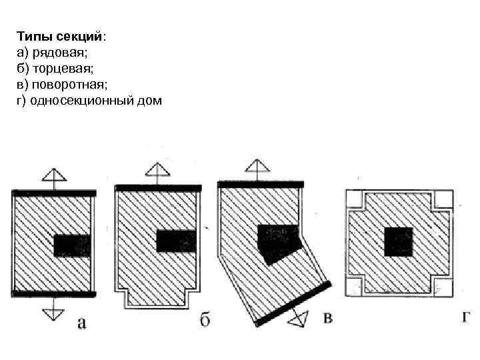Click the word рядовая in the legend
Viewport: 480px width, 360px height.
click(x=53, y=52)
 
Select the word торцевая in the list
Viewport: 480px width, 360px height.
click(x=55, y=69)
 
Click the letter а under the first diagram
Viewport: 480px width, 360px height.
click(x=81, y=323)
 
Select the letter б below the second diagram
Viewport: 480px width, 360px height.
click(x=205, y=321)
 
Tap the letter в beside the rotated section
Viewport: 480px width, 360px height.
click(x=327, y=318)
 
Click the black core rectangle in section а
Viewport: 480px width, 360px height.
click(x=71, y=245)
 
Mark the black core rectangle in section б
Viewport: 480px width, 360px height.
click(x=175, y=241)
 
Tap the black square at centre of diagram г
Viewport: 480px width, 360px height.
click(x=398, y=241)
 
